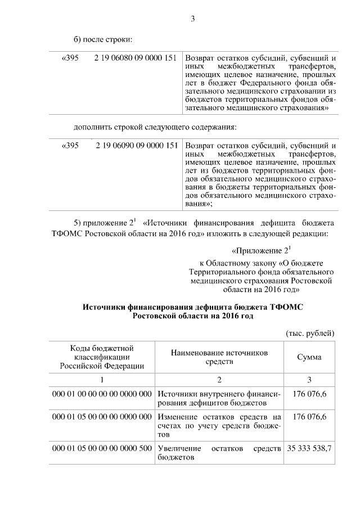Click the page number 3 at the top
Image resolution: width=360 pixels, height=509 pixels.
point(192,19)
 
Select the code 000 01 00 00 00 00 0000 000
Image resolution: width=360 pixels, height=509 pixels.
point(102,393)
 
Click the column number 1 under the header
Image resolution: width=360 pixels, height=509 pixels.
point(102,379)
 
